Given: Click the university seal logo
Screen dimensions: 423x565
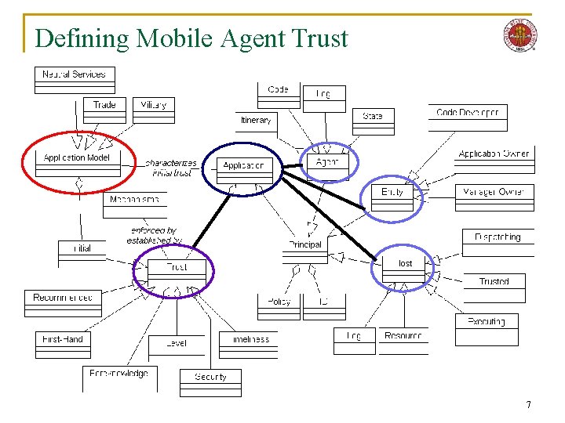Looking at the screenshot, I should (520, 36).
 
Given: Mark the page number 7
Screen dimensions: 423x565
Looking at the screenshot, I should (528, 404).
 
